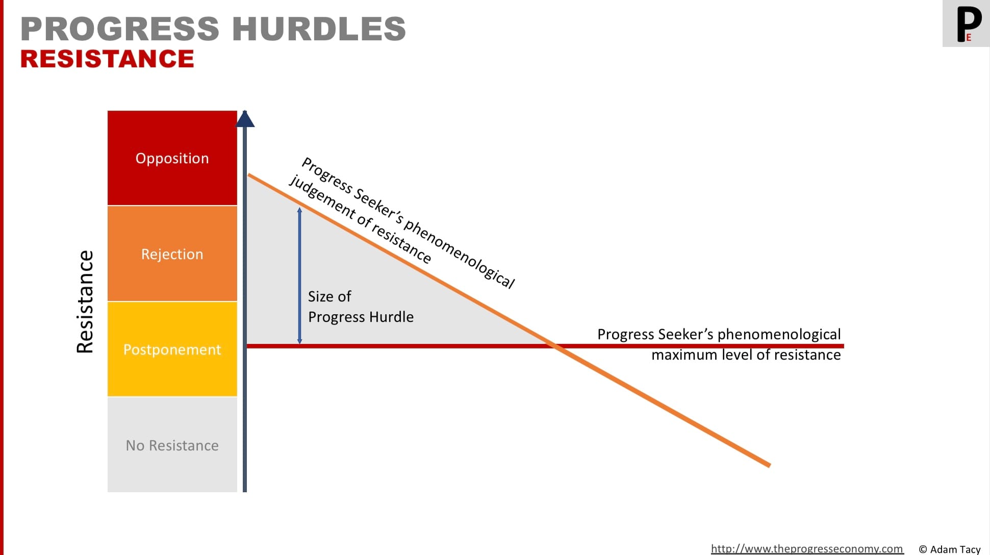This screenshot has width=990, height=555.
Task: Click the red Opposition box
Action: pos(172,158)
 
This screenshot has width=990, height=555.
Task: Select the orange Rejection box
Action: pos(172,254)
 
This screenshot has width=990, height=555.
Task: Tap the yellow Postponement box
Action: pos(172,349)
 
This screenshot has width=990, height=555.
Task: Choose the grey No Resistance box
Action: pos(172,445)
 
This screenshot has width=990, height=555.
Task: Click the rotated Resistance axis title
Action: pos(85,301)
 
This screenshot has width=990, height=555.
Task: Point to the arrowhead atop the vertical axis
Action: pos(245,119)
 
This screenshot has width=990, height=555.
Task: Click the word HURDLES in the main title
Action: pos(319,29)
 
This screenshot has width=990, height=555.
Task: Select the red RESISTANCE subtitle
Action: pos(107,59)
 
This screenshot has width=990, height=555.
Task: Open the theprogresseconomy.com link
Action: pos(807,549)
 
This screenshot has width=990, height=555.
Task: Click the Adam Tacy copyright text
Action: pos(950,549)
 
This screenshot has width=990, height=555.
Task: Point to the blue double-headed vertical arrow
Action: pos(299,275)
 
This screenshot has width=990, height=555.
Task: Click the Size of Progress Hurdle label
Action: pos(361,307)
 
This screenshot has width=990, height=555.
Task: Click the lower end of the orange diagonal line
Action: pos(769,465)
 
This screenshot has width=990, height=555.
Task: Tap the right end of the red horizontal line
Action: pos(844,346)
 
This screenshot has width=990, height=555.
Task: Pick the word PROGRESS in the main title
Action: pos(120,29)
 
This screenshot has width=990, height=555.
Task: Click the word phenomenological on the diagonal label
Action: pos(459,255)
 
